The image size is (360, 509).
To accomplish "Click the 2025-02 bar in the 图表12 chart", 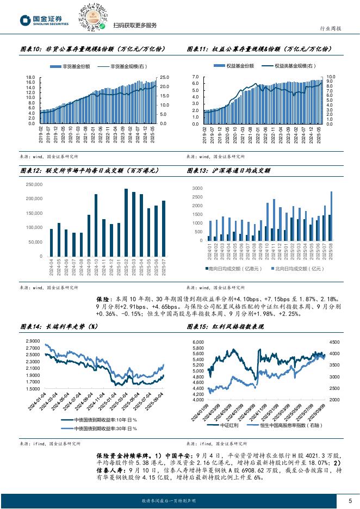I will pyautogui.click(x=126, y=222).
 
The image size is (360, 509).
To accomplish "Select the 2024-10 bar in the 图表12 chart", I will pyautogui.click(x=96, y=225).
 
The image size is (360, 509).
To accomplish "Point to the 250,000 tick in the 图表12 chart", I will pyautogui.click(x=34, y=184).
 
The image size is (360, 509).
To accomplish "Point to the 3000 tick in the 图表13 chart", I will pyautogui.click(x=197, y=188).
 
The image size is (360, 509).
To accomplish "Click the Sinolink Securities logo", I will pyautogui.click(x=44, y=20).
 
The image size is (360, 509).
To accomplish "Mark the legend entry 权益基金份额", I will pyautogui.click(x=238, y=66).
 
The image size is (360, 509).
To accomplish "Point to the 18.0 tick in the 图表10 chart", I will pyautogui.click(x=30, y=77).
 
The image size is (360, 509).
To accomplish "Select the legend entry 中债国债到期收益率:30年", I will pyautogui.click(x=101, y=427).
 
